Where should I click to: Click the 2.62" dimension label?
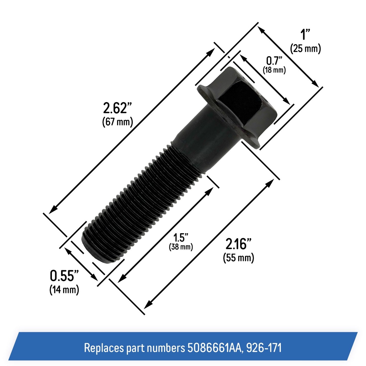pyautogui.click(x=117, y=108)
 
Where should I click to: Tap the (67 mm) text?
pyautogui.click(x=118, y=122)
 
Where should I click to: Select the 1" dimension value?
pyautogui.click(x=305, y=34)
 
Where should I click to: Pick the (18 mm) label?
pyautogui.click(x=274, y=70)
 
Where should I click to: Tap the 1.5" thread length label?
pyautogui.click(x=181, y=238)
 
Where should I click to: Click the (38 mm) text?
pyautogui.click(x=181, y=247)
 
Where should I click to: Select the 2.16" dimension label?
pyautogui.click(x=239, y=244)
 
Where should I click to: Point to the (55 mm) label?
pyautogui.click(x=239, y=258)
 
